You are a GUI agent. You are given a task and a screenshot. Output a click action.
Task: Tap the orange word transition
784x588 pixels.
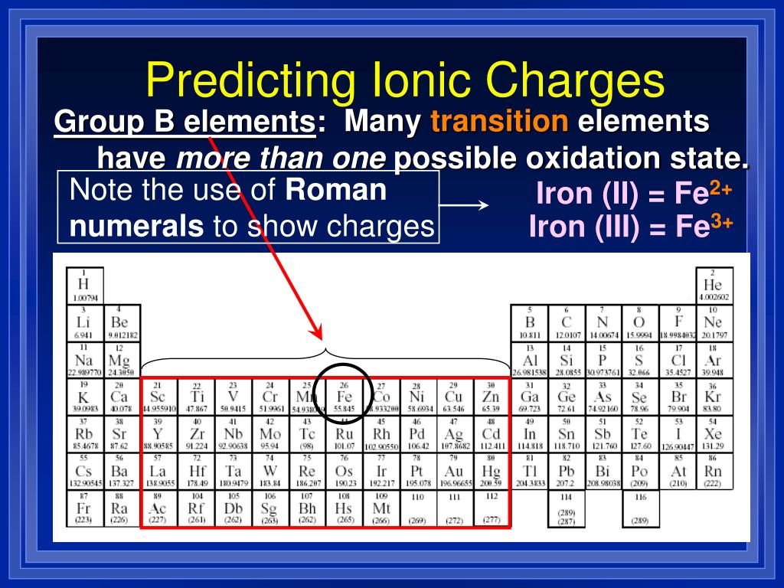point(500,121)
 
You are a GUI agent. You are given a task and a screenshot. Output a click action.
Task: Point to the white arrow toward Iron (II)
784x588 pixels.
point(465,205)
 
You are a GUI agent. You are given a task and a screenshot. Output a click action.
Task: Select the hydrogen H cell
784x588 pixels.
point(84,285)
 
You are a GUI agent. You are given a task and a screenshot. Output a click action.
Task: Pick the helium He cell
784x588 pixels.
point(714,285)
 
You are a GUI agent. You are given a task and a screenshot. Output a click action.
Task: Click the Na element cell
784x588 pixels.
point(84,361)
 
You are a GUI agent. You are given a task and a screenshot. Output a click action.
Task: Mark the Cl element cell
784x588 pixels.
point(678,361)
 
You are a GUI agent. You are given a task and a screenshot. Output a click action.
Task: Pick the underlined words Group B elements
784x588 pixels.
point(185,121)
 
